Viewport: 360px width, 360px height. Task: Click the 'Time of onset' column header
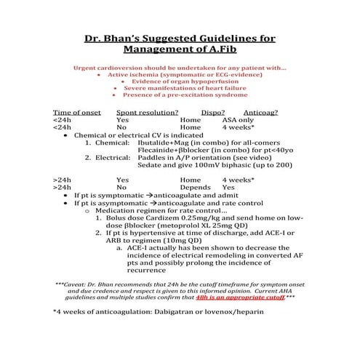tap(75, 112)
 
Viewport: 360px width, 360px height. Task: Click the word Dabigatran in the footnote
tap(185, 311)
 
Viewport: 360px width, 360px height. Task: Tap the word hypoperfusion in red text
tap(209, 81)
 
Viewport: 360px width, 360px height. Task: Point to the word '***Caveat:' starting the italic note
tap(71, 284)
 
